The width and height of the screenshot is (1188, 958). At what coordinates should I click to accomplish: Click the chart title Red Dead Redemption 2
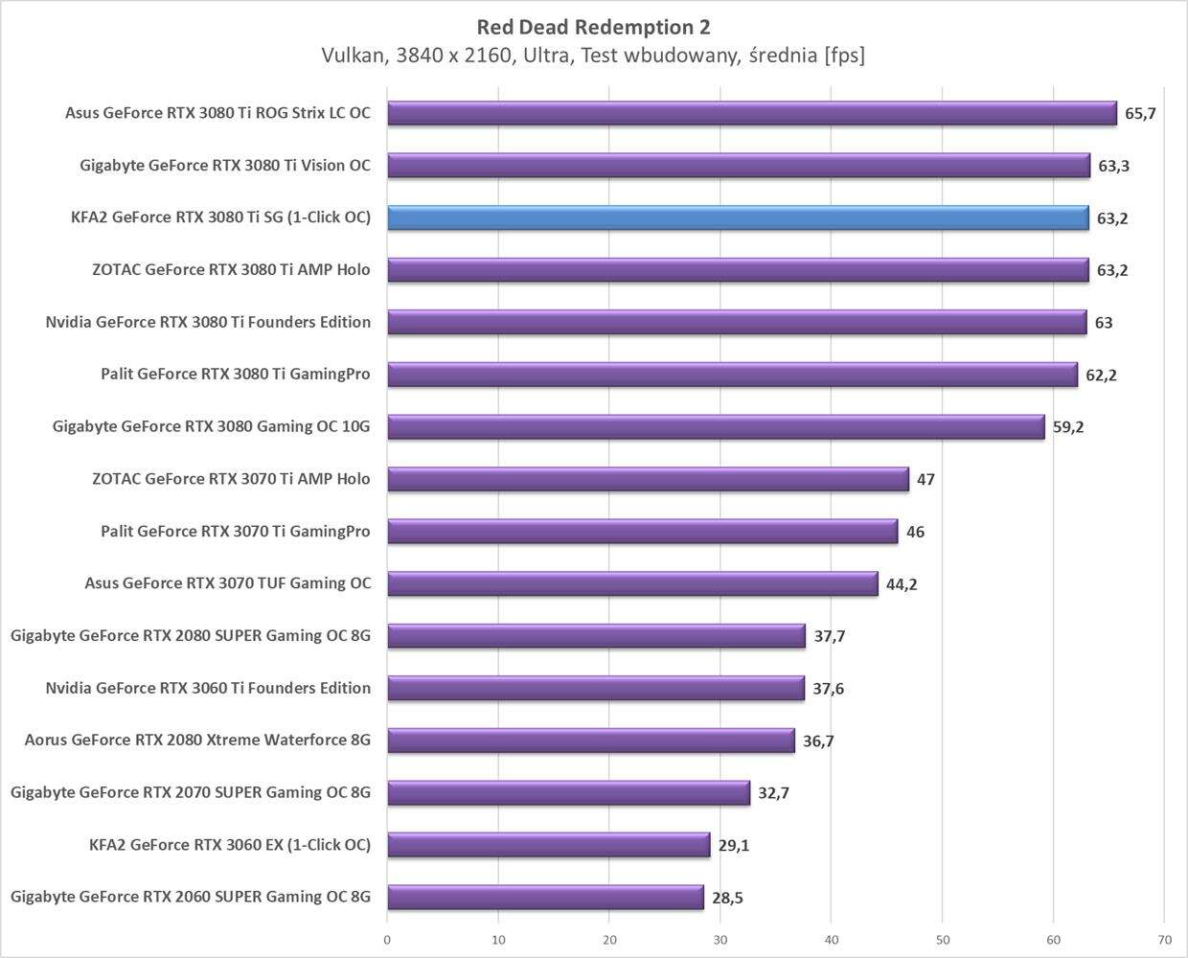point(593,27)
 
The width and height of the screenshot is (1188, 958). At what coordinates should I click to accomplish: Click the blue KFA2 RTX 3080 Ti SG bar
point(738,217)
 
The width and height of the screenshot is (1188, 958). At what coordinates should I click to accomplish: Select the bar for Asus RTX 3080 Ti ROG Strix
point(752,113)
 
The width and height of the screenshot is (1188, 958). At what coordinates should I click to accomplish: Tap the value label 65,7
point(1140,113)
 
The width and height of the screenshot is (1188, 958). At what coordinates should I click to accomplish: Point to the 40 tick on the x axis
point(832,940)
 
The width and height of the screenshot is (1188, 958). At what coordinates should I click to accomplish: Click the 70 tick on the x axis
point(1164,940)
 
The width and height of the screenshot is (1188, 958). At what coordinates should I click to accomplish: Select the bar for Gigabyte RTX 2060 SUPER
point(545,897)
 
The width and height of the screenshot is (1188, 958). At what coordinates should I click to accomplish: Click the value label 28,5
point(727,898)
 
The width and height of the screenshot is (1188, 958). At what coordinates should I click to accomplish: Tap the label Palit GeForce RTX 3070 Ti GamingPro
point(236,531)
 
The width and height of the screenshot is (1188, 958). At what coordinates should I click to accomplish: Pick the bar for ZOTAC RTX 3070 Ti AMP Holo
point(648,479)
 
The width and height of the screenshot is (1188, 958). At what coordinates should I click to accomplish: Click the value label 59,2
point(1068,427)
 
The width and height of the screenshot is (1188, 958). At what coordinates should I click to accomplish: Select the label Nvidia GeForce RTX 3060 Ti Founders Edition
point(208,688)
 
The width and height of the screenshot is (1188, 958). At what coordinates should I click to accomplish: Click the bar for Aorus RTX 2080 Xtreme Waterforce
point(591,741)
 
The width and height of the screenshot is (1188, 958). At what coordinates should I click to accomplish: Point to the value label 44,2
point(902,584)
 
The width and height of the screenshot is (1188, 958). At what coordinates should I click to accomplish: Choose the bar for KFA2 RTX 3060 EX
point(548,845)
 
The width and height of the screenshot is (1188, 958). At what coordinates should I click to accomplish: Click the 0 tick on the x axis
point(387,940)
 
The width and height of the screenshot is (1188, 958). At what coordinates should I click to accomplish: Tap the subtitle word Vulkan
point(353,56)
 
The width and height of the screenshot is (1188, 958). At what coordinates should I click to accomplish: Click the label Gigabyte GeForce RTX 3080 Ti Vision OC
point(225,166)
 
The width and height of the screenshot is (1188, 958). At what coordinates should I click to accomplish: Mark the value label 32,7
point(773,793)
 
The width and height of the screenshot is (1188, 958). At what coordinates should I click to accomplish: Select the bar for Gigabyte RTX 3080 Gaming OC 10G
point(716,426)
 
